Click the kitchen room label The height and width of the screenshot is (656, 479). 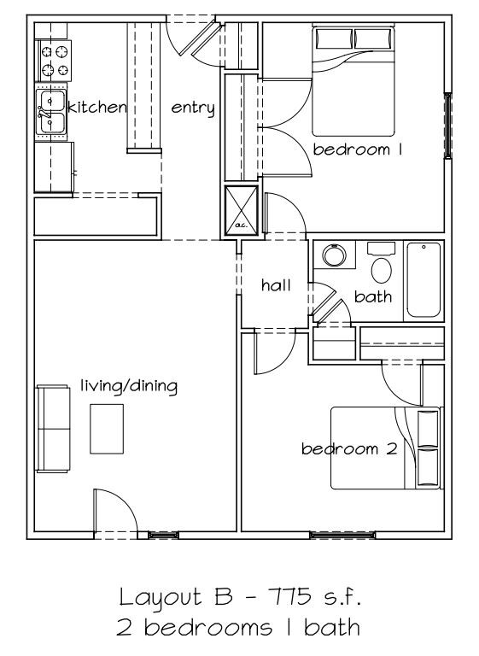[97, 107]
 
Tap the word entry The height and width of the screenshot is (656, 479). [193, 108]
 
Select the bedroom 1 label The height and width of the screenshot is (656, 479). [358, 149]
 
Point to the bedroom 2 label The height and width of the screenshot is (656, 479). [349, 449]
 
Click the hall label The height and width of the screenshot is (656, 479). [276, 285]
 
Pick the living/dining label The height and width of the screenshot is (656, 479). [129, 386]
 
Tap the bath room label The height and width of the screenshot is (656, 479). [373, 296]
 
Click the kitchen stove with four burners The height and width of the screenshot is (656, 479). [54, 61]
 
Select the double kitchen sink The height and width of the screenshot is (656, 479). [50, 112]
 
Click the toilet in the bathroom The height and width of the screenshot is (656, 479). [381, 263]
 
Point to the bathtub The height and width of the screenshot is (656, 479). [424, 280]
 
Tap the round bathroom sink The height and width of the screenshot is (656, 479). [334, 255]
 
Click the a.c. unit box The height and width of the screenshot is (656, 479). [242, 210]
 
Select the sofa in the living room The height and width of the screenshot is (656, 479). [53, 429]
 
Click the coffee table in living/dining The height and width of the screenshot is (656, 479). [107, 429]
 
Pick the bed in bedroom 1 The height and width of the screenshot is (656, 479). [353, 80]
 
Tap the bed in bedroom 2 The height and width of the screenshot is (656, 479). [386, 448]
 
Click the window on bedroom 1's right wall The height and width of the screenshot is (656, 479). [447, 126]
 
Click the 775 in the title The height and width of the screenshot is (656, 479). [289, 596]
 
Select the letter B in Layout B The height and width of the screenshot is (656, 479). [224, 596]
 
